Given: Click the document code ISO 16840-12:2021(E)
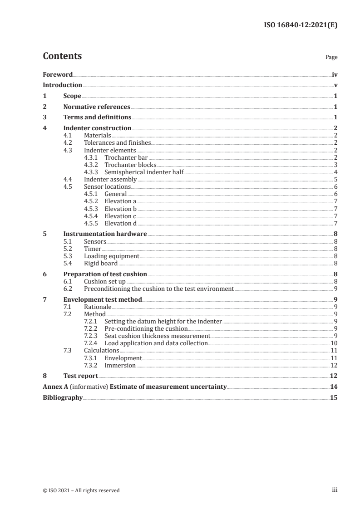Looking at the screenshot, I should click(x=300, y=25).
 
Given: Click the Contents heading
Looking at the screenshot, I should click(x=62, y=56).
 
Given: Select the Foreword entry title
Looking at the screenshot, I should click(x=58, y=75).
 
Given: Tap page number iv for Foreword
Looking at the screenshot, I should click(x=335, y=75).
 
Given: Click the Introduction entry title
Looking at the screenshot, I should click(x=62, y=85).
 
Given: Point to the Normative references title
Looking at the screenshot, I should click(x=97, y=107).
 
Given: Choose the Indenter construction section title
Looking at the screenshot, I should click(x=97, y=128).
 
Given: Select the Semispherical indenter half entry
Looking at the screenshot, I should click(x=144, y=171).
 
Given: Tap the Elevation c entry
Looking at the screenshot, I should click(x=120, y=216).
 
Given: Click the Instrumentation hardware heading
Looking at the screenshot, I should click(x=105, y=234).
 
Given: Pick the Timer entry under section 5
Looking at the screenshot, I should click(x=93, y=249).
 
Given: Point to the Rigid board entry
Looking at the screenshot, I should click(x=101, y=263).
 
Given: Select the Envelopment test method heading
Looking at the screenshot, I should click(x=103, y=299).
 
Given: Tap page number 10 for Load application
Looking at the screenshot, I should click(x=334, y=343).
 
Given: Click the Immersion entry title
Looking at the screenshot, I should click(x=120, y=365).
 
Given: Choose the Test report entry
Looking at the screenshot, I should click(x=80, y=376).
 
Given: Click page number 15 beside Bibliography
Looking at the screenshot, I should click(x=334, y=397).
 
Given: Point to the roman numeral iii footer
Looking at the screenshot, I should click(x=335, y=490).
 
